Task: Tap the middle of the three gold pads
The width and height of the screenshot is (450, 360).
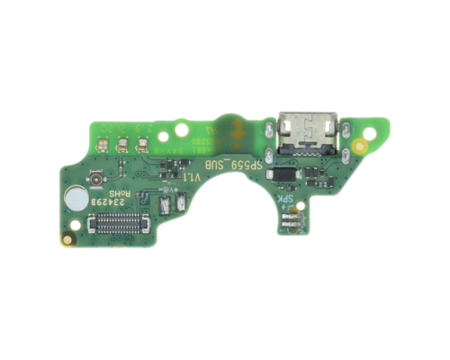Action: [x=122, y=142]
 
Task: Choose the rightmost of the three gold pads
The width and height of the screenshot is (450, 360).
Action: [x=140, y=142]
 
